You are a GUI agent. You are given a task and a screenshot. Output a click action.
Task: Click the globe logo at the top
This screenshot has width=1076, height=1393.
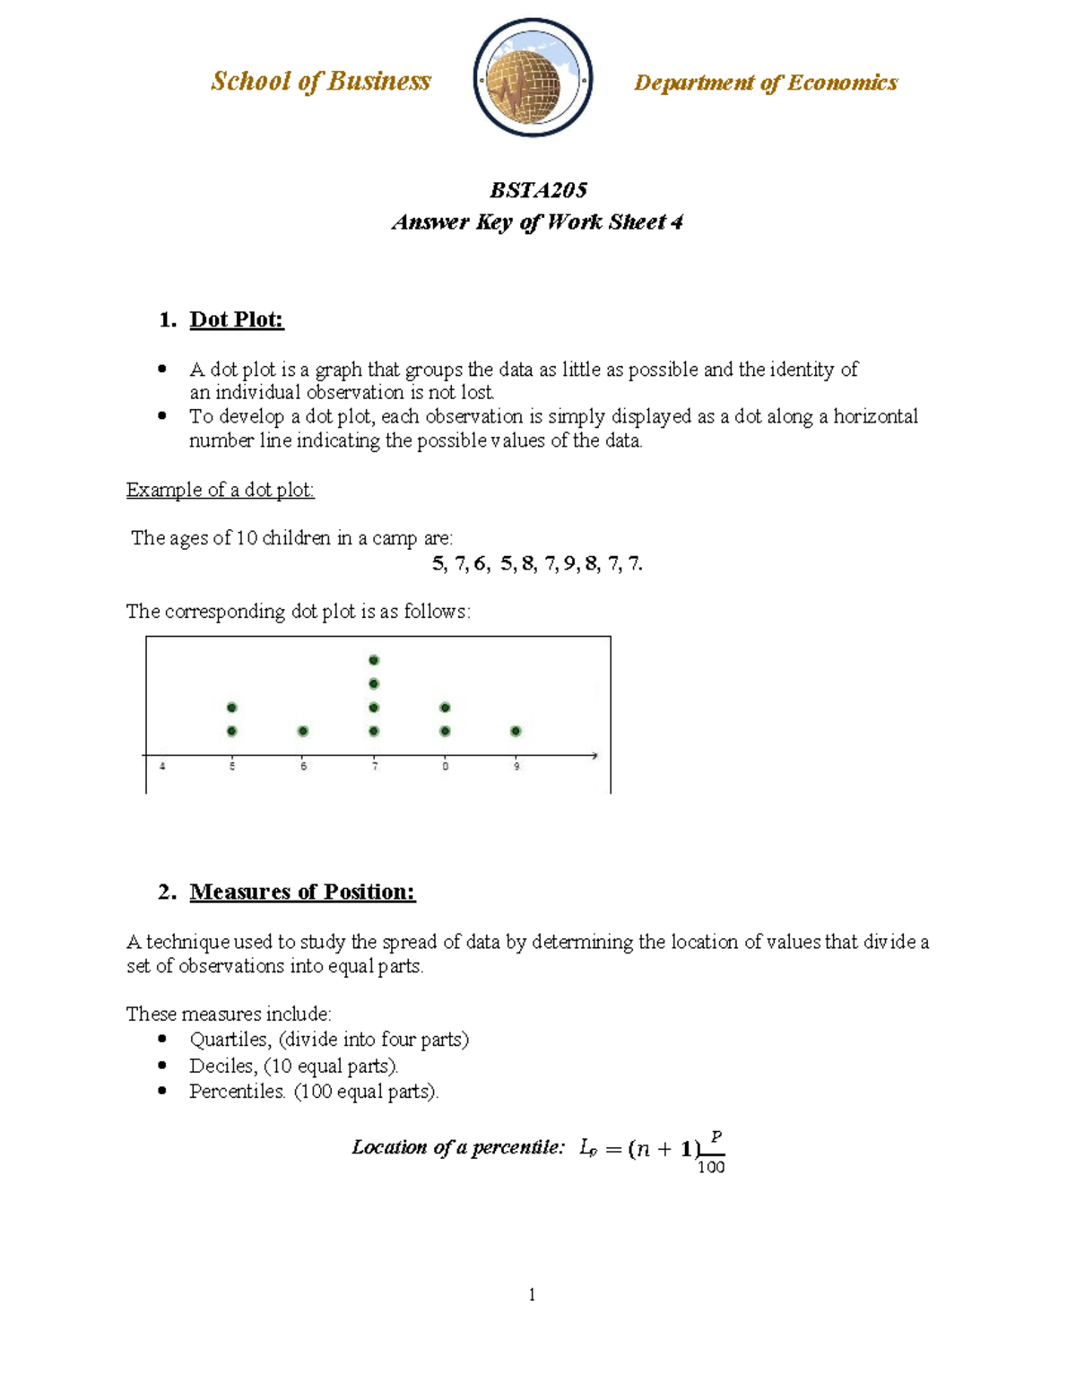[533, 79]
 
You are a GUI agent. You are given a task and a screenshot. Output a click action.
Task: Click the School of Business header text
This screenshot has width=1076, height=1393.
[321, 82]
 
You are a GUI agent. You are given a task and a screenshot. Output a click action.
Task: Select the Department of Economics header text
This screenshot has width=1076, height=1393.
[765, 83]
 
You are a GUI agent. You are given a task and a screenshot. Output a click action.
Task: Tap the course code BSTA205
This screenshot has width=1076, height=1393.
[538, 190]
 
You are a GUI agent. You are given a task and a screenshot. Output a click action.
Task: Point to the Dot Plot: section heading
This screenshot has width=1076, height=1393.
[237, 320]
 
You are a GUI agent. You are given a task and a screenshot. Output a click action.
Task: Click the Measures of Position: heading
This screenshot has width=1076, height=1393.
[302, 892]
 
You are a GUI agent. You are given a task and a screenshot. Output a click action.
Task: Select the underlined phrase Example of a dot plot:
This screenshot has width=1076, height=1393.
[221, 490]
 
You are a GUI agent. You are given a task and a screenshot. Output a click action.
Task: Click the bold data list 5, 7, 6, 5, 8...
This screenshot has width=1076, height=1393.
[537, 563]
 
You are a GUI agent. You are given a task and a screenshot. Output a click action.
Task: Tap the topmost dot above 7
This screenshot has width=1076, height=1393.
[374, 660]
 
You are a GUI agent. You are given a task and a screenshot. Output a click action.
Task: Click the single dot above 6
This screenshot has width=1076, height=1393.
[303, 731]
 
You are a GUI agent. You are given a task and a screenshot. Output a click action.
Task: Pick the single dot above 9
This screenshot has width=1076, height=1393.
[516, 731]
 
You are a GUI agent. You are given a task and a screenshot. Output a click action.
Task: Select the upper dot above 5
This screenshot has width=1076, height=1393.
[232, 708]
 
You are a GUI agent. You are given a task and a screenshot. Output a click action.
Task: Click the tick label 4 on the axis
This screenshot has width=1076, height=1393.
[162, 767]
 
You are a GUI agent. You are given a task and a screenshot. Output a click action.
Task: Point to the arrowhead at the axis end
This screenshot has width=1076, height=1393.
[594, 756]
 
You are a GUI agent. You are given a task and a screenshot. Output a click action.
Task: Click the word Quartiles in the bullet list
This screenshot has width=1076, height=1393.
[230, 1040]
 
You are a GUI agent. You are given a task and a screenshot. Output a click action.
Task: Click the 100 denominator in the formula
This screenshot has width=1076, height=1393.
[711, 1167]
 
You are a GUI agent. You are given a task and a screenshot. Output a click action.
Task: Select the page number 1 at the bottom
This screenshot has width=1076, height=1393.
[533, 1294]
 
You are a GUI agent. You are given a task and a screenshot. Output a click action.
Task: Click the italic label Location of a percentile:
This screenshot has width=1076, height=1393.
[458, 1147]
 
